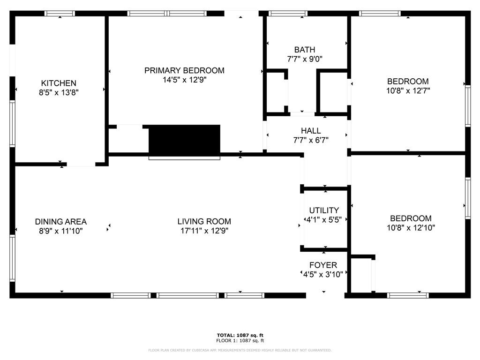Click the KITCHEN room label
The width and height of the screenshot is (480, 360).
59,83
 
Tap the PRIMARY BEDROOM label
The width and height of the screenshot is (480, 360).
184,70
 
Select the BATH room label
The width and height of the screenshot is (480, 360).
305,50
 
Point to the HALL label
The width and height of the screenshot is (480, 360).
311,131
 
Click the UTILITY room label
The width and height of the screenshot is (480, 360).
324,210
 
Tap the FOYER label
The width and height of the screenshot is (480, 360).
323,265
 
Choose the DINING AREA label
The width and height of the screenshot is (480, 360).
60,222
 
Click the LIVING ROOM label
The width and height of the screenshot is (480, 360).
204,221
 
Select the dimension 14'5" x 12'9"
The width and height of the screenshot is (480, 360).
184,80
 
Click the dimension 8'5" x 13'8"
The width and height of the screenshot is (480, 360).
59,92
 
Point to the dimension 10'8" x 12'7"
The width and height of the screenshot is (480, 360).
408,90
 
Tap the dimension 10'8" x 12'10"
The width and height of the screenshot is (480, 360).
411,228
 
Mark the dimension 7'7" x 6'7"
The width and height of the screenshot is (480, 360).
311,140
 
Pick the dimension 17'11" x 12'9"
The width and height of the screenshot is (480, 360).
204,231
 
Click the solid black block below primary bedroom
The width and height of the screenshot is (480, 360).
184,139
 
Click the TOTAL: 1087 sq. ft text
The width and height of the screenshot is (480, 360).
240,335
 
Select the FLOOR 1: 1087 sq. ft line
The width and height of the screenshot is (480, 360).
240,340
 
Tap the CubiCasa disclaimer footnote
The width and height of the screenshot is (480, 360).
240,350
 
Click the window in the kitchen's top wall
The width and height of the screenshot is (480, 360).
60,14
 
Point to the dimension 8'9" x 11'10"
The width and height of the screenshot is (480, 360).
60,231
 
